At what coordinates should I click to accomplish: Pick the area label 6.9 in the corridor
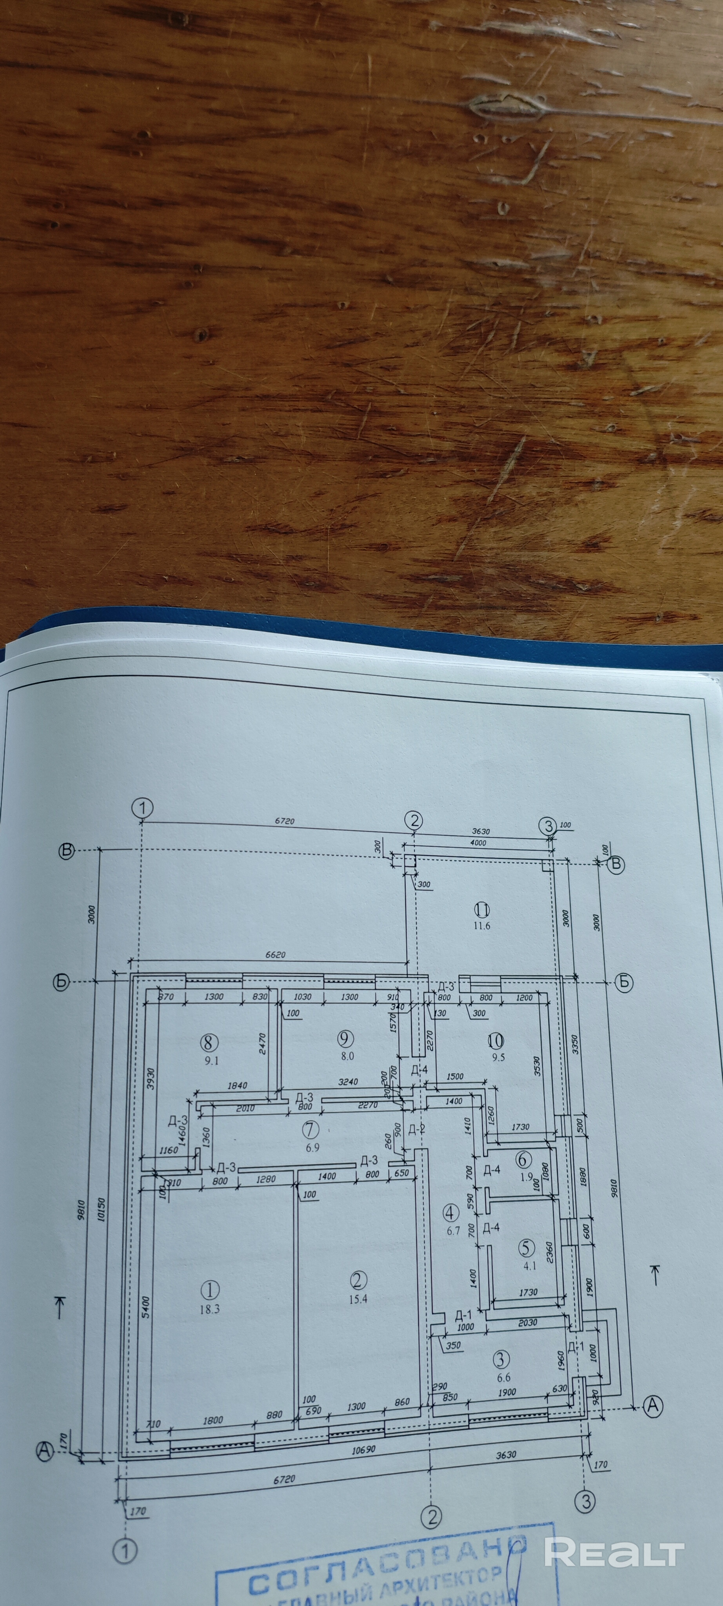pyautogui.click(x=312, y=1147)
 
